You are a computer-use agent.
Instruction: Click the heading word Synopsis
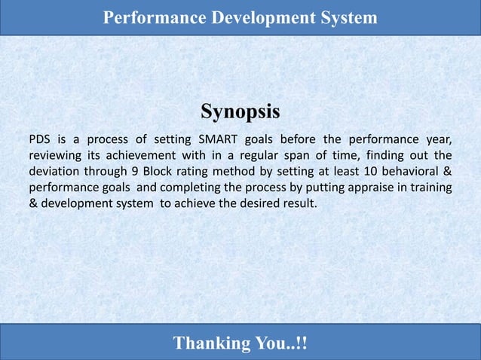pyautogui.click(x=240, y=112)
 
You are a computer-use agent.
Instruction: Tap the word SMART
pyautogui.click(x=217, y=139)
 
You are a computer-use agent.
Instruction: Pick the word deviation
pyautogui.click(x=55, y=171)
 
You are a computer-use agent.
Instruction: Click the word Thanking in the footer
pyautogui.click(x=210, y=343)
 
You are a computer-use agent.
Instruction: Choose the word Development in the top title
pyautogui.click(x=261, y=17)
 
